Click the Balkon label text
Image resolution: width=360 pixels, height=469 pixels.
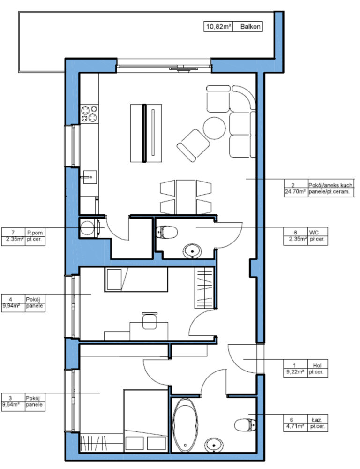pyautogui.click(x=250, y=27)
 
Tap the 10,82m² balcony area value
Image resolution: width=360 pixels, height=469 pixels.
pyautogui.click(x=218, y=27)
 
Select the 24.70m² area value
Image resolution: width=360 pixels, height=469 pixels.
pyautogui.click(x=295, y=191)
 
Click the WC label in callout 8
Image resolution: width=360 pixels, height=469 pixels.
pyautogui.click(x=314, y=232)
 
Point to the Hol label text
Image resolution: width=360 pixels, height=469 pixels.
pyautogui.click(x=317, y=365)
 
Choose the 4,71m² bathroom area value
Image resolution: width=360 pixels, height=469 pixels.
pyautogui.click(x=295, y=426)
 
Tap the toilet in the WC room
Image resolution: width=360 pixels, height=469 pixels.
pyautogui.click(x=167, y=232)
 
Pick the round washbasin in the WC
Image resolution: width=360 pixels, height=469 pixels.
pyautogui.click(x=192, y=251)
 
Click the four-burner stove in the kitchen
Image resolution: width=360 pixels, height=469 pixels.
pyautogui.click(x=90, y=113)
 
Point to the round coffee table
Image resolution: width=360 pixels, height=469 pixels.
pyautogui.click(x=214, y=128)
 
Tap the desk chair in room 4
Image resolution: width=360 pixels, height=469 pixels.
pyautogui.click(x=150, y=321)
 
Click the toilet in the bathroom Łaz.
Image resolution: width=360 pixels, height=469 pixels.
pyautogui.click(x=245, y=425)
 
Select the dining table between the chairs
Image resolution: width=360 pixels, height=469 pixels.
pyautogui.click(x=186, y=197)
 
